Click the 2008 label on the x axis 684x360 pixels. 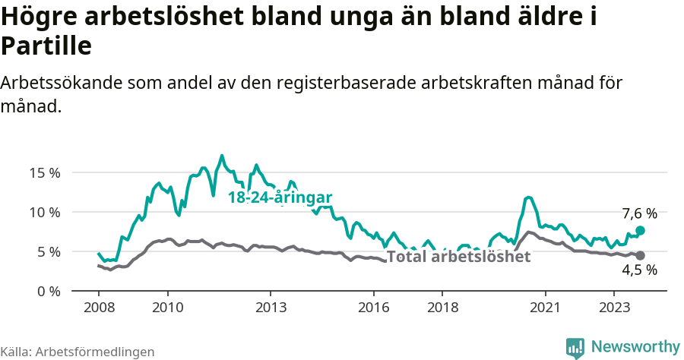[99, 308]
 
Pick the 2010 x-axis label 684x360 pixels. [167, 308]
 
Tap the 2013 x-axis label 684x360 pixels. [271, 308]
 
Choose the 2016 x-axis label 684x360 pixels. [373, 308]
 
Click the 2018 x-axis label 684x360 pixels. [442, 308]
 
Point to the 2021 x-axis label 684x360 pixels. [545, 308]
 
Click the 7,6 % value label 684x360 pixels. [639, 214]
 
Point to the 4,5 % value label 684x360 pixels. [639, 270]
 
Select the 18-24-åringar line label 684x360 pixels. [280, 197]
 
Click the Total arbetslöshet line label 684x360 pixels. [458, 257]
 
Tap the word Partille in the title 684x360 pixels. [46, 46]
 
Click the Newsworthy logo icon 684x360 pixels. [575, 347]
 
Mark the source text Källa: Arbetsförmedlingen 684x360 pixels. [78, 352]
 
